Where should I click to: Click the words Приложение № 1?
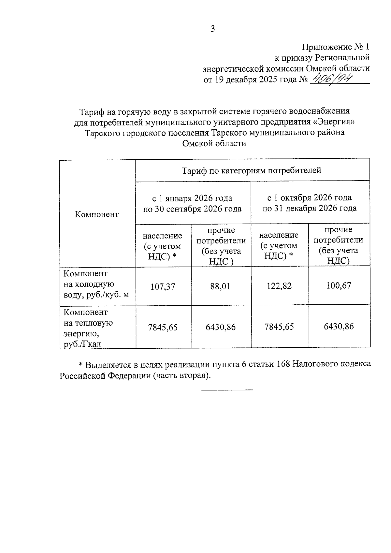tap(336, 47)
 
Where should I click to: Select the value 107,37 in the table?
tap(163, 286)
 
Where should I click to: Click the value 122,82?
tap(279, 286)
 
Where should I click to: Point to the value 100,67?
tap(339, 285)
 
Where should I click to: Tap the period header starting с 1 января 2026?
tap(192, 203)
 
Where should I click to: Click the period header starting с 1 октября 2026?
tap(309, 203)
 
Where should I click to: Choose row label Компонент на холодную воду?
tap(96, 284)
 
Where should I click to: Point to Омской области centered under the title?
tap(214, 143)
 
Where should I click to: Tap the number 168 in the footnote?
tap(283, 364)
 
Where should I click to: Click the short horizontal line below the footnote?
tap(227, 390)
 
